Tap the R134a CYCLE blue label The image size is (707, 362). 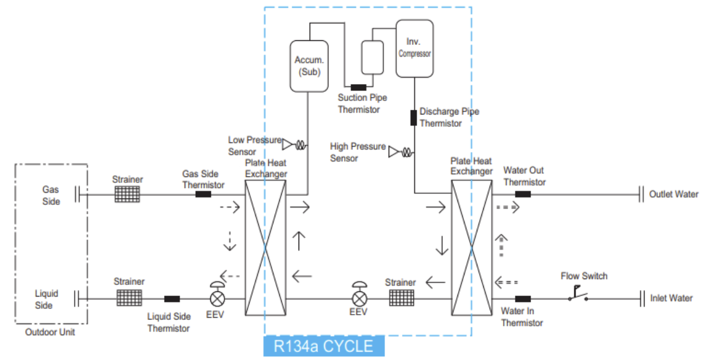coord(324,346)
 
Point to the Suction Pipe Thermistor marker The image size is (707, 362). coord(358,88)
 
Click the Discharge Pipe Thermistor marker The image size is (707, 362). coord(413,117)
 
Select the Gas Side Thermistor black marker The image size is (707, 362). coord(203,194)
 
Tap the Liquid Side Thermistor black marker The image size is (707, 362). coord(172,299)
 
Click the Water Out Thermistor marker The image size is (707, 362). coord(522,194)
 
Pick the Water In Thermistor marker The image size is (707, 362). coord(522,299)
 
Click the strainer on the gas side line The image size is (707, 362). coord(127,194)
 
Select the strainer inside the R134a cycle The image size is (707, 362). coord(400,298)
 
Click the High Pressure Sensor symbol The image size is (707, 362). coord(400,152)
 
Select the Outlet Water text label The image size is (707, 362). coord(674,194)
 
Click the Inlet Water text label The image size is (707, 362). coord(671,298)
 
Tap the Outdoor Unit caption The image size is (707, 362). coord(50,332)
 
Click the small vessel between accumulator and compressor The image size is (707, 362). coord(372,57)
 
